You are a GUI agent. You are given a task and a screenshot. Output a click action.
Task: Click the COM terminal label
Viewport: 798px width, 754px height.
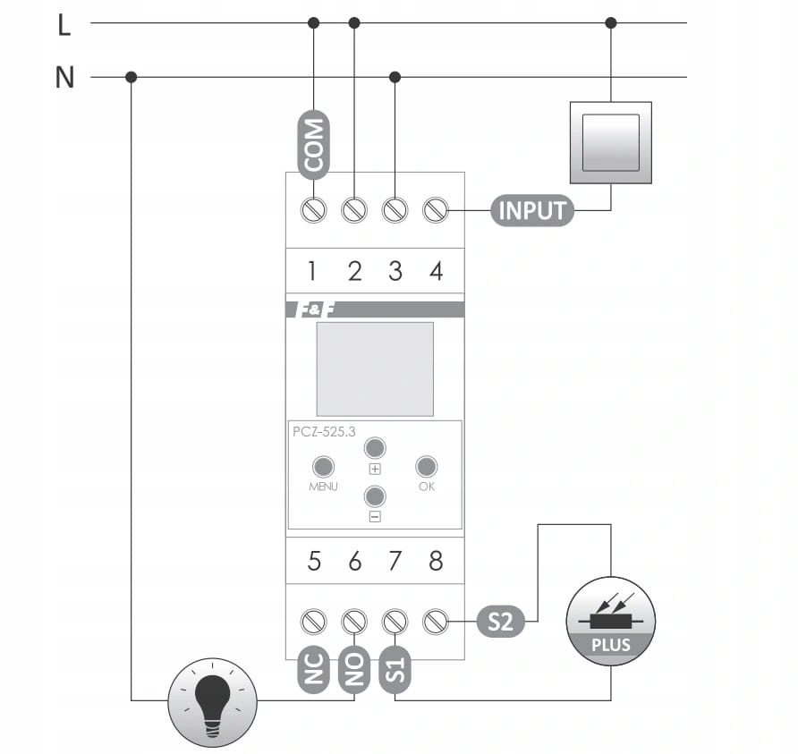[x=313, y=145]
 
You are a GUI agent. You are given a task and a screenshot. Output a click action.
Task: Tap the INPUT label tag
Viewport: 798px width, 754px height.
[x=532, y=211]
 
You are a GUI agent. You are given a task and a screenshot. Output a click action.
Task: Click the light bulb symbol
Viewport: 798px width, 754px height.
[x=213, y=699]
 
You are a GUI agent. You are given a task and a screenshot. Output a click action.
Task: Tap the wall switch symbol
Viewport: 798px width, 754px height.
[x=611, y=142]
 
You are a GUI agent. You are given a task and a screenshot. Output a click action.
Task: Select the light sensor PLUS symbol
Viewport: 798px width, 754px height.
[x=611, y=621]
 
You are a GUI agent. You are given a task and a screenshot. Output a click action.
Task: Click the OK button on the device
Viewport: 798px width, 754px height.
[x=427, y=466]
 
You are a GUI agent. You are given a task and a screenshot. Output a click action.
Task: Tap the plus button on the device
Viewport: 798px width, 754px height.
[x=375, y=448]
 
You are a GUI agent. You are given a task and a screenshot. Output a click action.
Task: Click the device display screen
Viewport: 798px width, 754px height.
[x=375, y=369]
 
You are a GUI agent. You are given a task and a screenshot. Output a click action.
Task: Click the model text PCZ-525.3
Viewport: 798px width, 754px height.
[x=324, y=431]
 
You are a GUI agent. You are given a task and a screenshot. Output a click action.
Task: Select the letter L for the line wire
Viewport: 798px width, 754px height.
[x=64, y=26]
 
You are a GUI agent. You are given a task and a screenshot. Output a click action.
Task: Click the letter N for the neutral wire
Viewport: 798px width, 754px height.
[x=64, y=79]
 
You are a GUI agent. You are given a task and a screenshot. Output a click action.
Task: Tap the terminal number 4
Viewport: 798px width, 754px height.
[x=436, y=271]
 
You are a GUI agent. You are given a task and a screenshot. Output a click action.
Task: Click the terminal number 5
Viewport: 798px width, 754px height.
[x=314, y=561]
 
